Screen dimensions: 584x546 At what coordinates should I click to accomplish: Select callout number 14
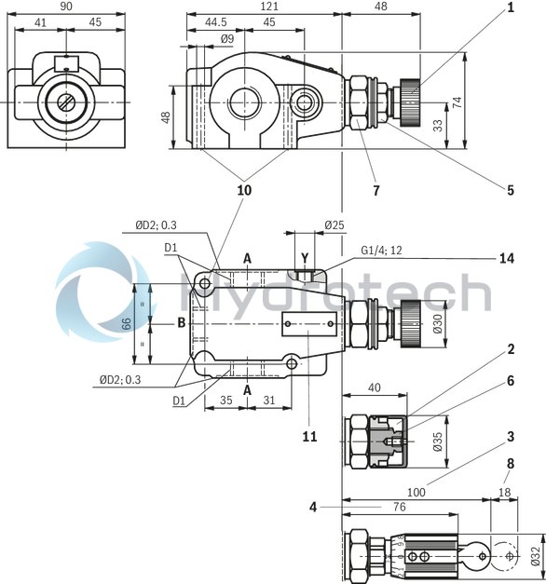[509, 258]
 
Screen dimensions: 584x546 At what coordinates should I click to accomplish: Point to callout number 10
[244, 190]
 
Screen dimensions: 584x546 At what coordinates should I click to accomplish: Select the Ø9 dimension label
[226, 38]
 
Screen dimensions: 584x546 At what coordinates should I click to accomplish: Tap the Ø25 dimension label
[334, 224]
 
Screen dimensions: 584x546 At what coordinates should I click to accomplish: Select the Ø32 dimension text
[535, 555]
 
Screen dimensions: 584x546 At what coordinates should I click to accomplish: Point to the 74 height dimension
[458, 102]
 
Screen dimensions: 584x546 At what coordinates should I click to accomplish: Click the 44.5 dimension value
[215, 22]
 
